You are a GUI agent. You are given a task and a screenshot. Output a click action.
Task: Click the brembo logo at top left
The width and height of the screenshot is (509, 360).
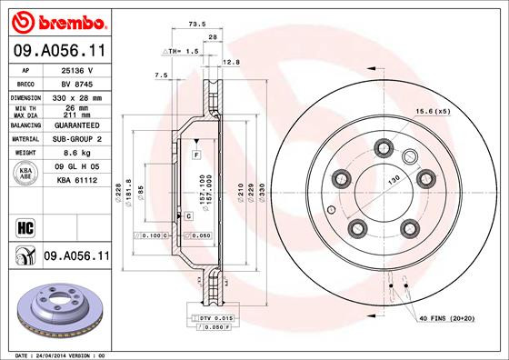56,21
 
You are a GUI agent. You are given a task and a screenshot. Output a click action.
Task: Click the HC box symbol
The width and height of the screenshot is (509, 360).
25,225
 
